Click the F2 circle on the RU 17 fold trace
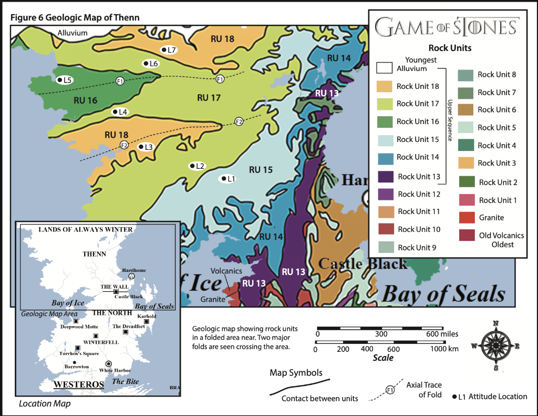coord(239,121)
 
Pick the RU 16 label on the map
coord(85,100)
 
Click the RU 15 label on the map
coord(261,169)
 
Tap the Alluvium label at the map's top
coord(73,33)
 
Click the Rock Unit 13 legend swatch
coord(385,177)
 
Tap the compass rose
coord(495,346)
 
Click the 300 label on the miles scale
coord(381,334)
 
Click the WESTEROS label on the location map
coord(79,384)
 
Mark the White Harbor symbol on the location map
coord(109,363)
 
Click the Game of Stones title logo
coord(447,27)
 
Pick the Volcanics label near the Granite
coord(226,271)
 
